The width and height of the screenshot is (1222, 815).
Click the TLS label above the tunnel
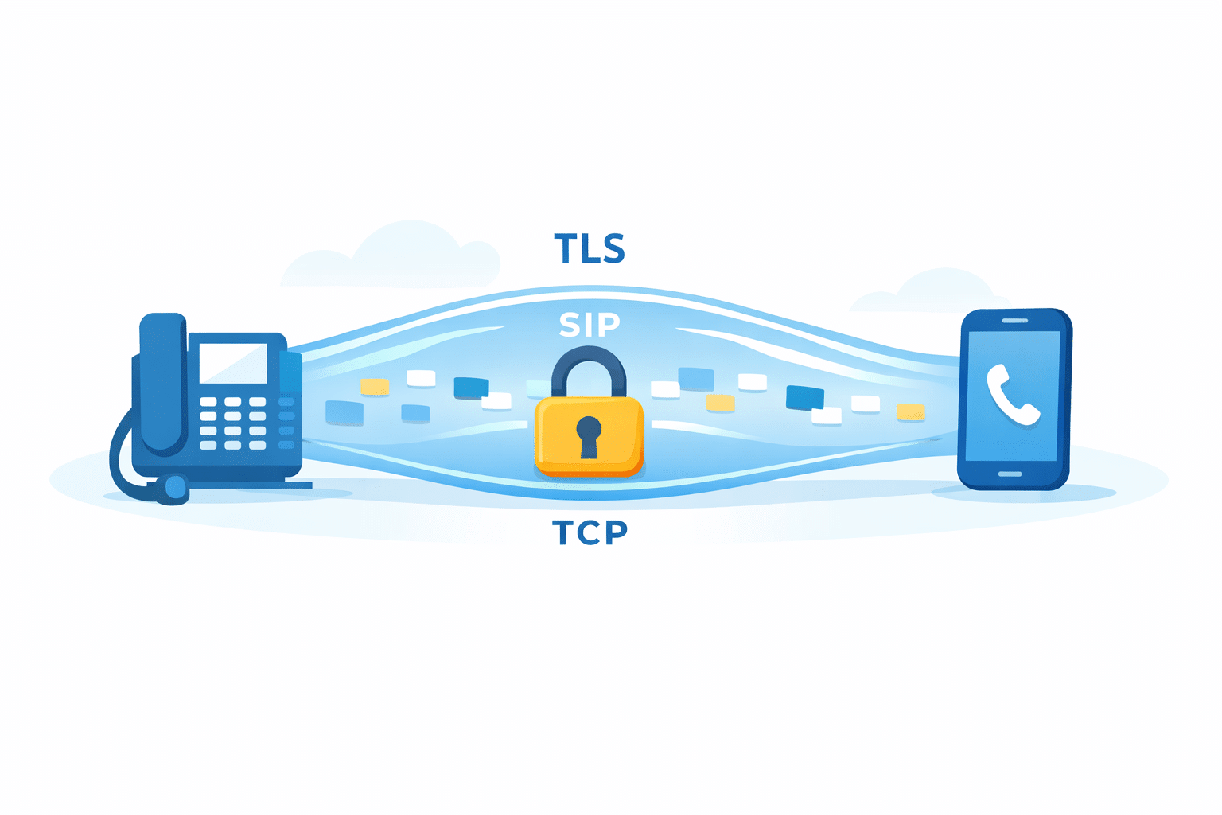[x=590, y=248]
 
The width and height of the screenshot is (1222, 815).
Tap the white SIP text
[x=590, y=325]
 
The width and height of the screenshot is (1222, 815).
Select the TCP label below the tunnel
[x=590, y=532]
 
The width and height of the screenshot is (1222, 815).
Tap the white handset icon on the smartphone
[x=1013, y=394]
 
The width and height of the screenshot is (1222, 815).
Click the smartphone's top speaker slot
[x=1015, y=321]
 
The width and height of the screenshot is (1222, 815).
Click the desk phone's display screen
[x=233, y=363]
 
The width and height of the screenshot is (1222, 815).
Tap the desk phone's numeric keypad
[x=232, y=423]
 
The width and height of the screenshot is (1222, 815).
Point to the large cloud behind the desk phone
[x=391, y=255]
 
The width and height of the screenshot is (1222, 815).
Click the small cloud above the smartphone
[x=930, y=291]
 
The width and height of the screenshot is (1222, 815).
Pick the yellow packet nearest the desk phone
[x=375, y=387]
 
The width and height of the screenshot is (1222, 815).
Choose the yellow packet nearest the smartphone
[x=910, y=411]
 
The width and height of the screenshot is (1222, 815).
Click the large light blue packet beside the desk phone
[x=344, y=412]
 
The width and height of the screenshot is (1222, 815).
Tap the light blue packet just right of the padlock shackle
[x=696, y=378]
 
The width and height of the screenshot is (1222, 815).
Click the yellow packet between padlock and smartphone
[x=720, y=403]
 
